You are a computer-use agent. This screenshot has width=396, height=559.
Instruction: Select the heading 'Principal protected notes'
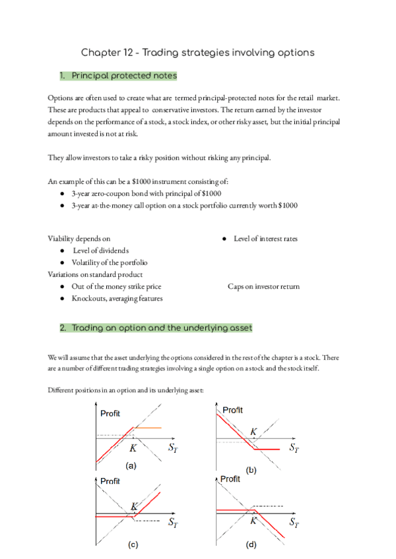(123, 76)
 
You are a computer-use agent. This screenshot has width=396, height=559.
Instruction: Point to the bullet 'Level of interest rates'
(265, 239)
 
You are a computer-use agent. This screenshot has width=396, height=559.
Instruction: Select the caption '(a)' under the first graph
(131, 465)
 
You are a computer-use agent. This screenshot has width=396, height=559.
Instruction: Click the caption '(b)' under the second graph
(251, 469)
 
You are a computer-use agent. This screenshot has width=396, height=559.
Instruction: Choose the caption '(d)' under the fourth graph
(251, 546)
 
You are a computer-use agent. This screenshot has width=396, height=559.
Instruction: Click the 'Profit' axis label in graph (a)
(110, 414)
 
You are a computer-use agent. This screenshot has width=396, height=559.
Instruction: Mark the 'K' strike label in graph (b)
(253, 432)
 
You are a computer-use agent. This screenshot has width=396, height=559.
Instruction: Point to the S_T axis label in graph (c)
(172, 523)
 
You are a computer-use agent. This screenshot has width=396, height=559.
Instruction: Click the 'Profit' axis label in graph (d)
(230, 479)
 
